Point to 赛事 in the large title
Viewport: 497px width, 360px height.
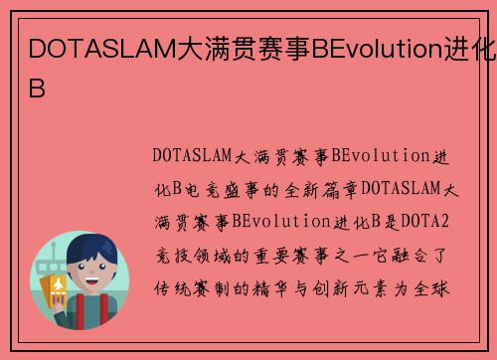tap(281, 48)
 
